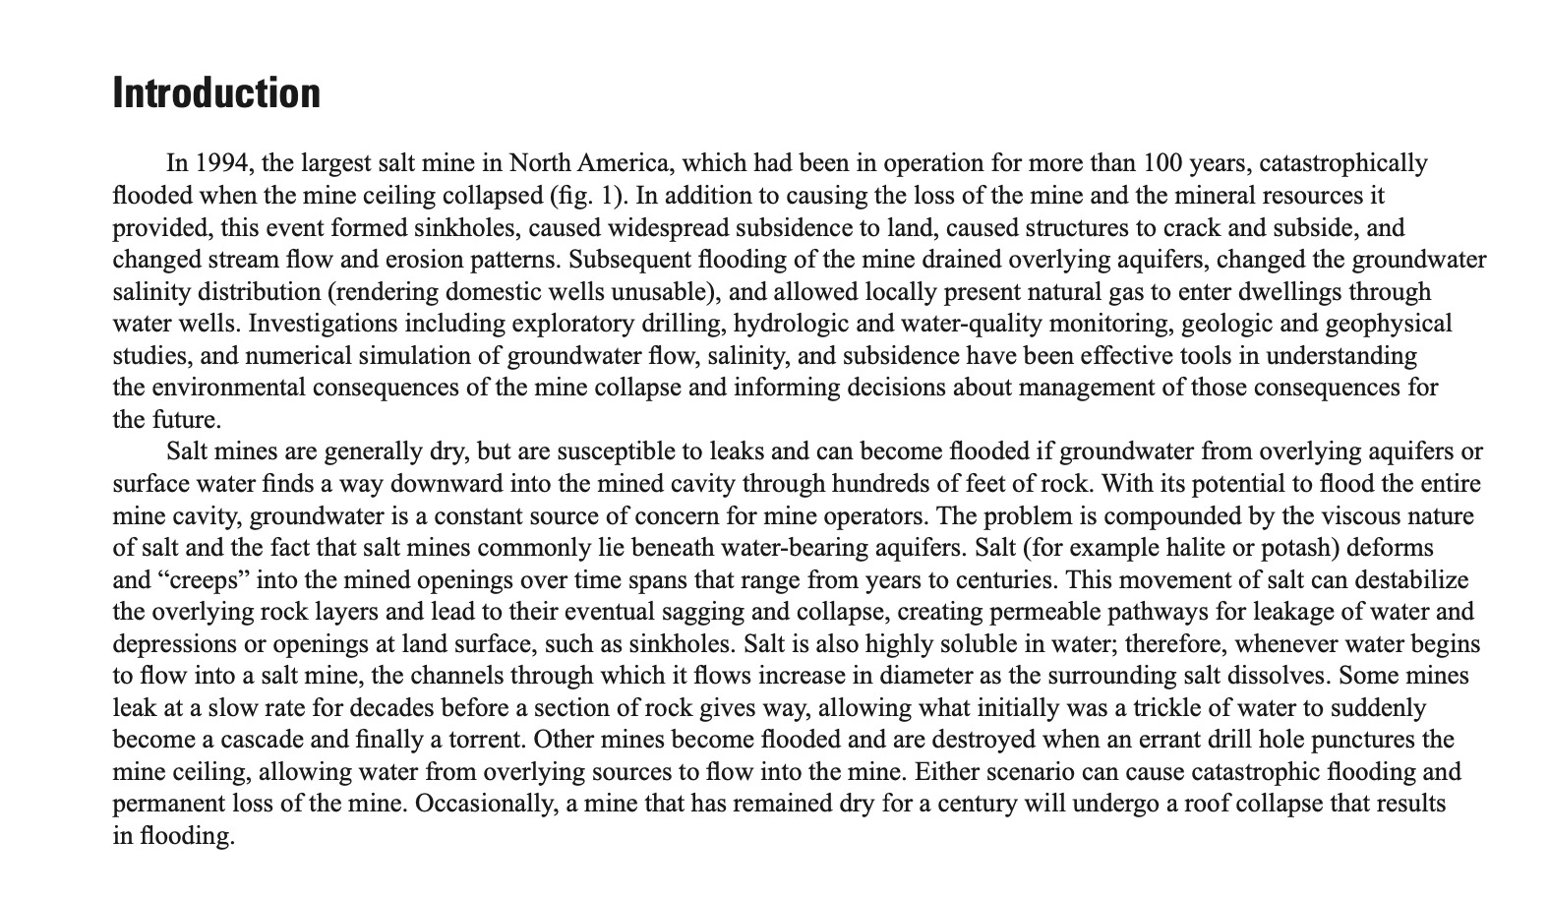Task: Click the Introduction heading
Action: pos(216,93)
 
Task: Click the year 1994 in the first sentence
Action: pos(217,163)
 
